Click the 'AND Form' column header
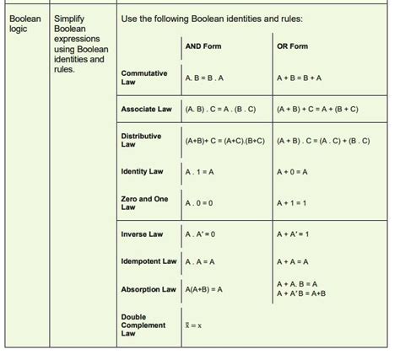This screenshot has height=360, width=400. point(203,46)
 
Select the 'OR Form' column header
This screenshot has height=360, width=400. point(292,46)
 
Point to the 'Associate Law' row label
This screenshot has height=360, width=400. point(147,110)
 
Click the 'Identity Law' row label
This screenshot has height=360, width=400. point(143,171)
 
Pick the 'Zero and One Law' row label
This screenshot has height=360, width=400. point(144,202)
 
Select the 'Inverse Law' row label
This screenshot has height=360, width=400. point(142,234)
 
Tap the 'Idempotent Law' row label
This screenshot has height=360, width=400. point(149,261)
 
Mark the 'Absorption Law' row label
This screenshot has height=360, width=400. point(148,289)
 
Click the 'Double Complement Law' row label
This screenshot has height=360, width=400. point(143,325)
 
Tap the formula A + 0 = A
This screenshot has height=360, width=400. point(291,171)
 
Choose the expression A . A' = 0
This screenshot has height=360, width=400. point(200,234)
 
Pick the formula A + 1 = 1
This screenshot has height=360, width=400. point(291,202)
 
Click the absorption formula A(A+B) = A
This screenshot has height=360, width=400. point(203,289)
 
